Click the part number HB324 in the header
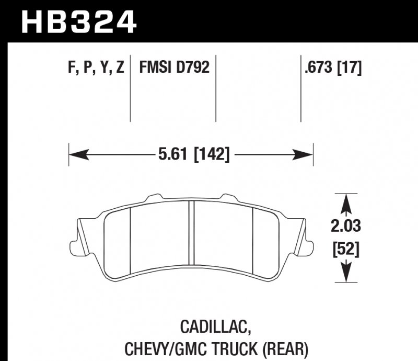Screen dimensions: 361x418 click(78, 21)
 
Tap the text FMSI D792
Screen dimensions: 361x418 click(174, 67)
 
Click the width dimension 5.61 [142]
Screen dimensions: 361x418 click(193, 154)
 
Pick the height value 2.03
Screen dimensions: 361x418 click(346, 227)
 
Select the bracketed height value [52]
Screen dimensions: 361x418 click(346, 250)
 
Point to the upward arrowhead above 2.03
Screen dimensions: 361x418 click(346, 200)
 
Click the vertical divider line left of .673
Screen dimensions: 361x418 click(300, 89)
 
